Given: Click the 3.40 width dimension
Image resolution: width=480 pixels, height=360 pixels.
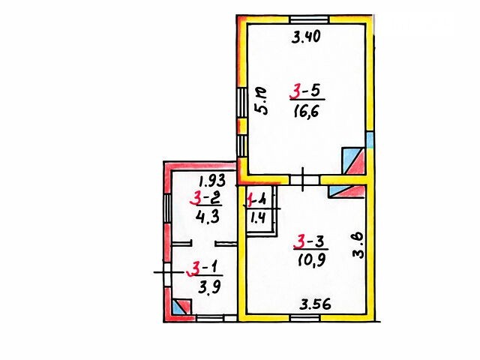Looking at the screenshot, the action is click(306, 37).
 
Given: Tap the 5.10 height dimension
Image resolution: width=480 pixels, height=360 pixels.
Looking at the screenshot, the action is click(261, 100).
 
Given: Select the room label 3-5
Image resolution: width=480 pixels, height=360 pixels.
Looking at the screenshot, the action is click(306, 91).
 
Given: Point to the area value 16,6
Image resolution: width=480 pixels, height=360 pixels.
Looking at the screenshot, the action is click(306, 110).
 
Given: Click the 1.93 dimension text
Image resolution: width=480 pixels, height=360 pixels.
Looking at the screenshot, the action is click(211, 181).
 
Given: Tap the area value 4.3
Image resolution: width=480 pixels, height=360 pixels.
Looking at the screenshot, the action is click(208, 217).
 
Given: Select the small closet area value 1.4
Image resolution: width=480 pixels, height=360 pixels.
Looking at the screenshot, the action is click(258, 217).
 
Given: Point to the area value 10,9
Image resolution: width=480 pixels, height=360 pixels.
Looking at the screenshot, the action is click(312, 261).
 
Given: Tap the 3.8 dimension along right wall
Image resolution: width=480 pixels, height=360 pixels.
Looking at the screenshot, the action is click(358, 245).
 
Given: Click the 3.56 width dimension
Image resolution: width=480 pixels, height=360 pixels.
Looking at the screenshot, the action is click(315, 304).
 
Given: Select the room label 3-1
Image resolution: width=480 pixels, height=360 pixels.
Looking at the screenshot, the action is click(204, 268).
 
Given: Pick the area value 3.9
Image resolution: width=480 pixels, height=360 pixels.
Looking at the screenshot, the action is click(209, 287).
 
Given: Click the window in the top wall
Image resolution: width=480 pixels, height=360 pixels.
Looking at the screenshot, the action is click(309, 19).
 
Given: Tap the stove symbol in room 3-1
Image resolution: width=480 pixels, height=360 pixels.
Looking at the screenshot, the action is click(181, 307).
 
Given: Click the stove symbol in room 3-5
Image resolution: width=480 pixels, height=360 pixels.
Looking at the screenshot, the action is click(353, 161).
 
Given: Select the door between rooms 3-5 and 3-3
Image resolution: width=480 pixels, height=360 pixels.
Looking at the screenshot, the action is click(304, 180).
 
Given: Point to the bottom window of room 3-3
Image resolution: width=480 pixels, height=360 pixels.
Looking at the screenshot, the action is click(305, 318).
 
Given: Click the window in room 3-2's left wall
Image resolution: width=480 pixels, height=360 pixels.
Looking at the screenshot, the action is click(168, 208).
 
